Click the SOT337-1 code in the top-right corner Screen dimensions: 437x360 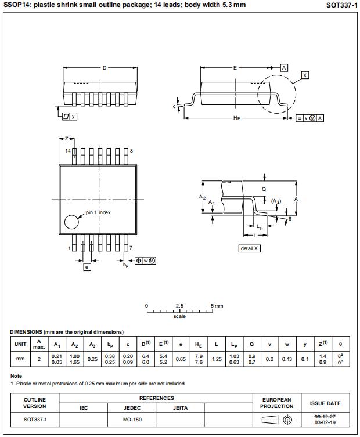[x=341, y=5]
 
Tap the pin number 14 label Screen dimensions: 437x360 [x=68, y=151]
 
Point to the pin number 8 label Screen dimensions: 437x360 [x=132, y=151]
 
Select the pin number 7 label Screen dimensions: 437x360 [x=131, y=248]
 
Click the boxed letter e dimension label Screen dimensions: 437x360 [x=87, y=268]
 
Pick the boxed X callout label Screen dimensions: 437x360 [x=305, y=75]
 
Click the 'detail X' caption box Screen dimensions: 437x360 [x=250, y=248]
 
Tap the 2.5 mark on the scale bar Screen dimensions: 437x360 [x=180, y=305]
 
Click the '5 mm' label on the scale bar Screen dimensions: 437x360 [x=217, y=305]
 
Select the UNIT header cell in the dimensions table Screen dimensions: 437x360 [x=20, y=344]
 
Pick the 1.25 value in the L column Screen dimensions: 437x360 [x=217, y=359]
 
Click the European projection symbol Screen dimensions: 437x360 [x=277, y=419]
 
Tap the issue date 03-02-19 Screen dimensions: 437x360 [x=325, y=422]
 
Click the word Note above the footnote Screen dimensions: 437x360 [x=16, y=376]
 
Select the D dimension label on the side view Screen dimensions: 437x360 [x=105, y=68]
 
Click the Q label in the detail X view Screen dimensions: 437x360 [x=264, y=189]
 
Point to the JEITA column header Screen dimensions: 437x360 [x=181, y=408]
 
